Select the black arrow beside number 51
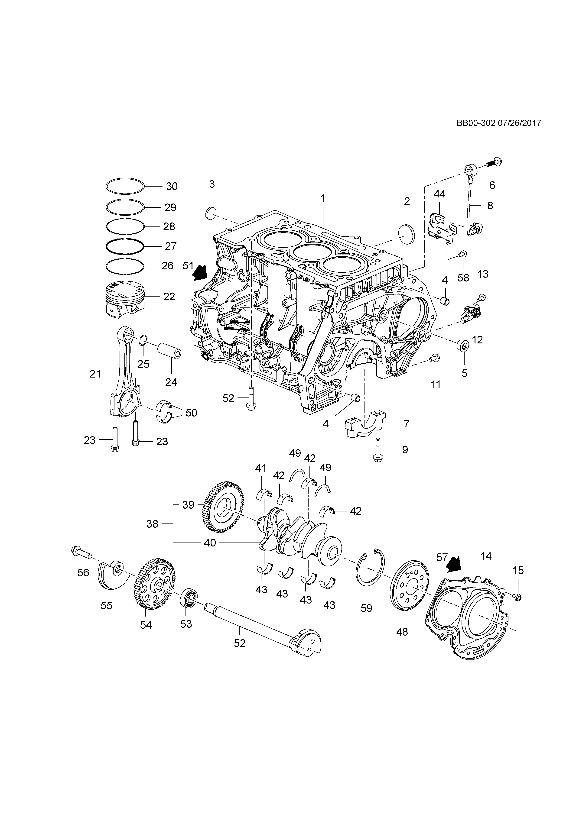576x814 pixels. tap(200, 272)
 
